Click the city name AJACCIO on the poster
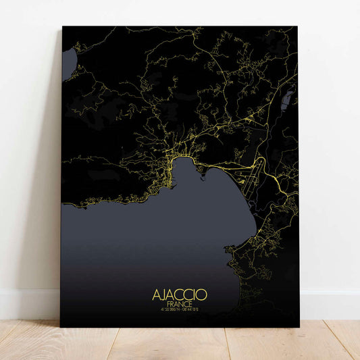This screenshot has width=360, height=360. point(180,295)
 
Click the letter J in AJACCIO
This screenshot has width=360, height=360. point(164,295)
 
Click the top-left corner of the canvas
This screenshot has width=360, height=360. point(62,27)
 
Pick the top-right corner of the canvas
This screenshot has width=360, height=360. point(298,28)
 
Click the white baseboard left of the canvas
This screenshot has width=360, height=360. point(27,304)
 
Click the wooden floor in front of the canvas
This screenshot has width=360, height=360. point(180,344)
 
